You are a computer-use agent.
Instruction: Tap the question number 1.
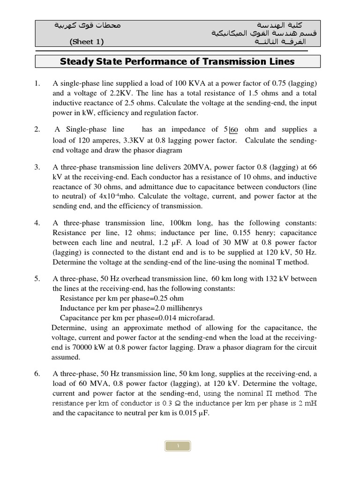click(37, 83)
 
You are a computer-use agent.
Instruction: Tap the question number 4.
click(37, 223)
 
